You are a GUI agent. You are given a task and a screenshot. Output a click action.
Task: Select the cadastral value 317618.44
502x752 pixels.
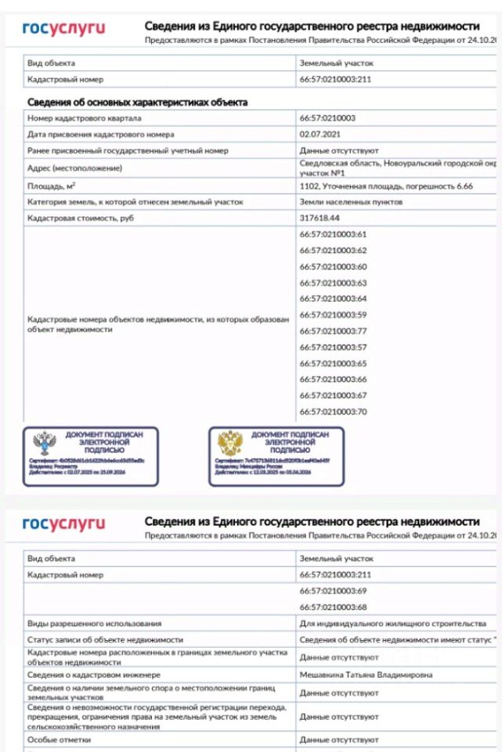[320, 218]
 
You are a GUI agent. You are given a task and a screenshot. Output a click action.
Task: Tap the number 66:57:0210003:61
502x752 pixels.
[333, 234]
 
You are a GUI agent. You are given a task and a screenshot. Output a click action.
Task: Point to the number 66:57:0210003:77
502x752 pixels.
[333, 331]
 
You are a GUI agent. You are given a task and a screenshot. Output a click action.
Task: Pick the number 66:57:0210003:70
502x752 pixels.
[333, 411]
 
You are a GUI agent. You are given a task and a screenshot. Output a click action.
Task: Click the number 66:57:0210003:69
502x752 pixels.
[333, 591]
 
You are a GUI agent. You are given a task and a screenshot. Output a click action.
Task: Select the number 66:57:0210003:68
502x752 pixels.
[333, 607]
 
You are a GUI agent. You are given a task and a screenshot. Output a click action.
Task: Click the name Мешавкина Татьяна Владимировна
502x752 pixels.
[366, 674]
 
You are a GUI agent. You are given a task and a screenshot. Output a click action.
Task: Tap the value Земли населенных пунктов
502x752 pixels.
[351, 202]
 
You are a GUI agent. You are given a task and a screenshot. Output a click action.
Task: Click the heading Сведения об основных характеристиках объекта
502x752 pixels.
[138, 103]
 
